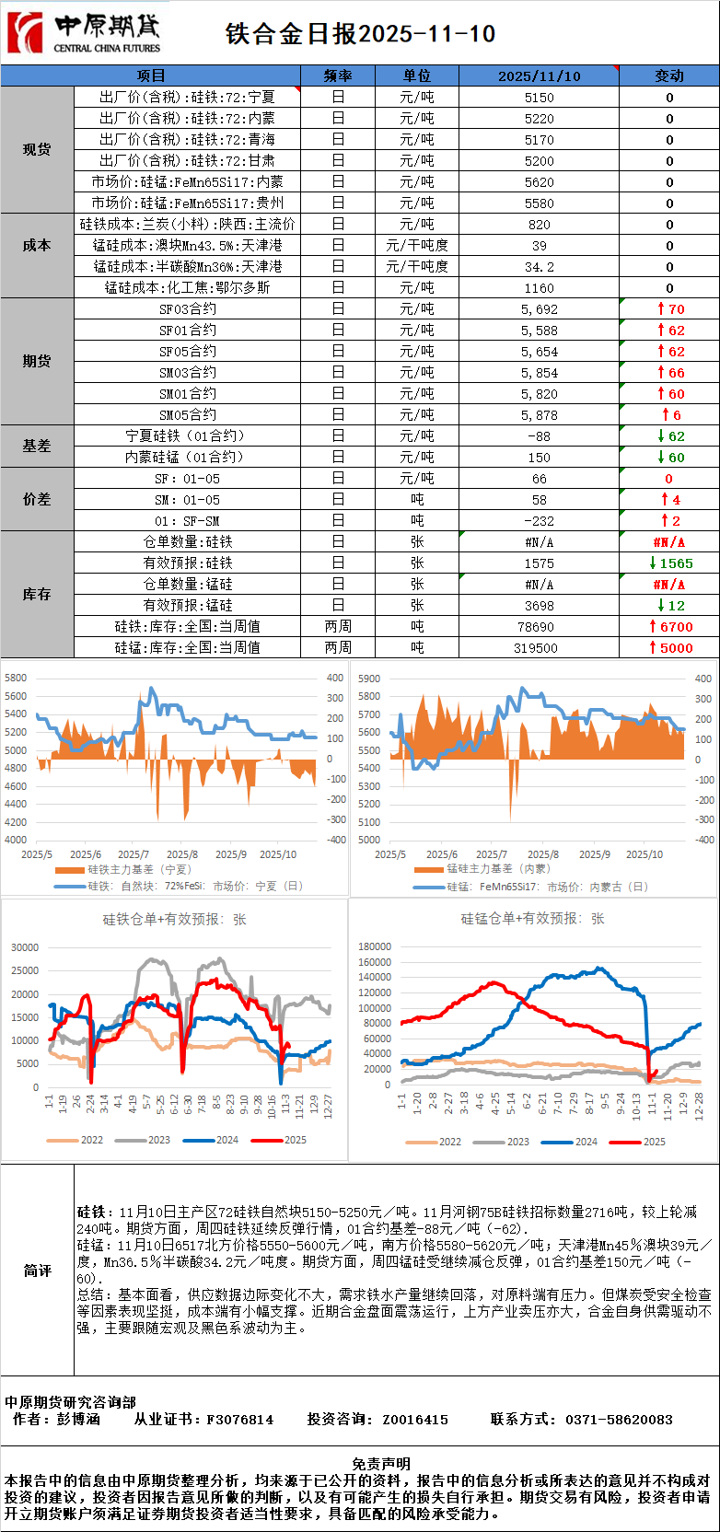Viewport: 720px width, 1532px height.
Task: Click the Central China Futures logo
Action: click(x=83, y=33)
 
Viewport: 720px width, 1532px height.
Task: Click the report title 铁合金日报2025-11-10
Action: click(x=360, y=34)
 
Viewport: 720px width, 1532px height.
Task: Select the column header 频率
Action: click(x=338, y=75)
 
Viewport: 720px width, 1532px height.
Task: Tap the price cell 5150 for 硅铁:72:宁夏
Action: click(x=539, y=97)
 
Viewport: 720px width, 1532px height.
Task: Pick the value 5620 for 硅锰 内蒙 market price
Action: click(x=539, y=182)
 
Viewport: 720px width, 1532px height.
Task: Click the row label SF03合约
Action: click(x=187, y=309)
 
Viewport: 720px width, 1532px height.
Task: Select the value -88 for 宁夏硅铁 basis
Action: click(x=539, y=436)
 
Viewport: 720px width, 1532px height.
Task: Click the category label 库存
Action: click(x=37, y=595)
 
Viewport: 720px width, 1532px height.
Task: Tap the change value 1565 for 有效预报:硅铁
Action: click(x=670, y=563)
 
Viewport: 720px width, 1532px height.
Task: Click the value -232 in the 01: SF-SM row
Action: click(x=539, y=521)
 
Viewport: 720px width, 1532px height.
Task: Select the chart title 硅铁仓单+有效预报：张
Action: click(x=174, y=920)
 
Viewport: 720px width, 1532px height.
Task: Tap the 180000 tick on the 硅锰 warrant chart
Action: click(x=375, y=946)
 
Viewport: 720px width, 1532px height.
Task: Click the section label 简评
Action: click(x=37, y=1271)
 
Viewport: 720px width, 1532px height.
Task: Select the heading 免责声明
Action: click(x=381, y=1464)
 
